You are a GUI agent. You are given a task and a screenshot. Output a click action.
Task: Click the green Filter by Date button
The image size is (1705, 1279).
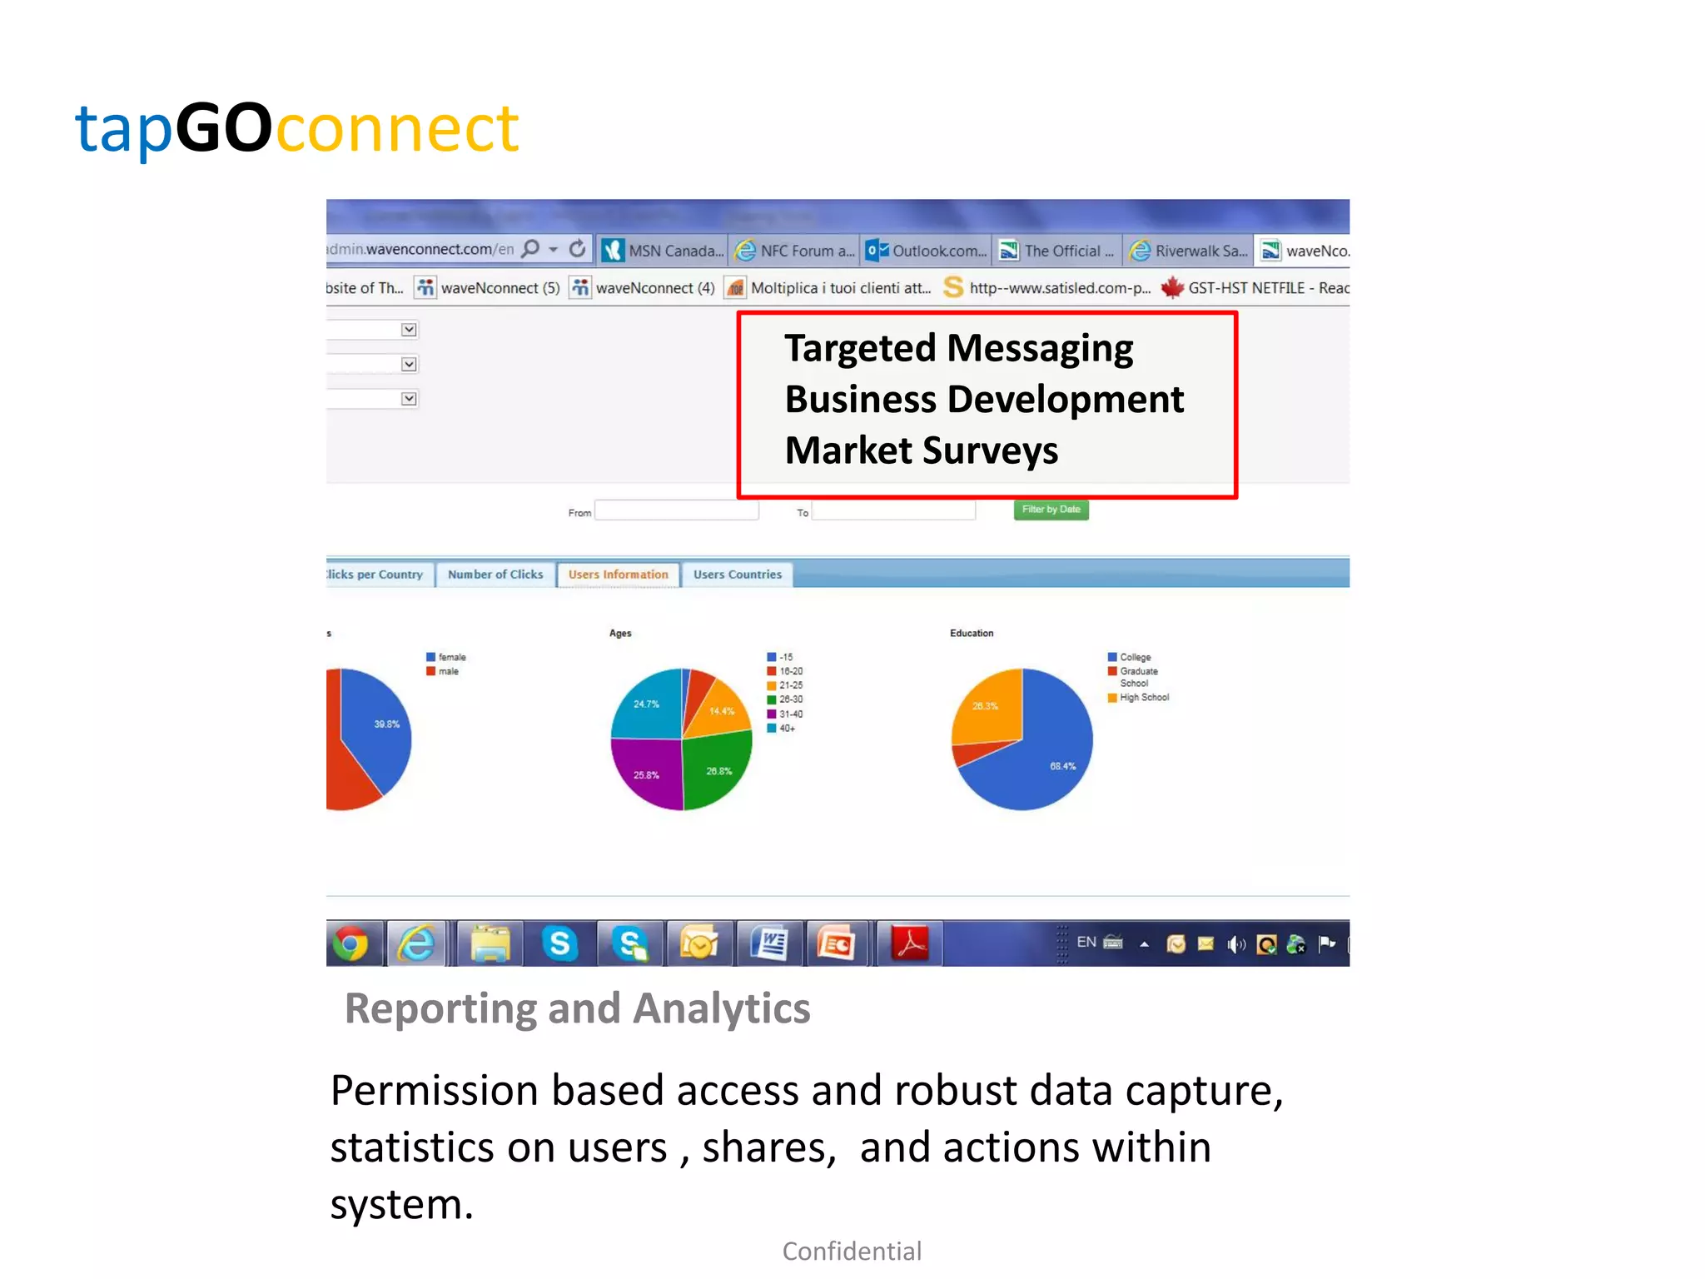pyautogui.click(x=1051, y=510)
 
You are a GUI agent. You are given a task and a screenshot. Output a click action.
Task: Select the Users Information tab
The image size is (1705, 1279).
pyautogui.click(x=618, y=575)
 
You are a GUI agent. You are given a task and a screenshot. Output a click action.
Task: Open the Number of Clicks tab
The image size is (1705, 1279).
pyautogui.click(x=495, y=575)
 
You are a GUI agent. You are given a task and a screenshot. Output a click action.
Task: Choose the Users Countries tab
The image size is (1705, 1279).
pyautogui.click(x=738, y=575)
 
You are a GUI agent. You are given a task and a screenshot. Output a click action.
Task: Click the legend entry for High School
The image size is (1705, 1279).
pyautogui.click(x=1144, y=698)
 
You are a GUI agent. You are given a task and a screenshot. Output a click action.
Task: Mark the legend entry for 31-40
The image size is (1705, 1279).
pyautogui.click(x=790, y=714)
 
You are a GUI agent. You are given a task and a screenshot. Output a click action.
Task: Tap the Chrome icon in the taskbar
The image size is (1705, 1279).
pyautogui.click(x=350, y=943)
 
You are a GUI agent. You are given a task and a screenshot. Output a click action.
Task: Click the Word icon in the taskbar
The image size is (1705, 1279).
pyautogui.click(x=769, y=943)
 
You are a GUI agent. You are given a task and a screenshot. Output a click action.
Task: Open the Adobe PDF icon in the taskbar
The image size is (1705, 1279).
pyautogui.click(x=910, y=943)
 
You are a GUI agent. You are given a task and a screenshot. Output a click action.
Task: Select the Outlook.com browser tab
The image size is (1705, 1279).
pyautogui.click(x=927, y=251)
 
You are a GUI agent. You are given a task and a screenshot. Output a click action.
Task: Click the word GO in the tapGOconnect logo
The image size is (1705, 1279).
pyautogui.click(x=223, y=129)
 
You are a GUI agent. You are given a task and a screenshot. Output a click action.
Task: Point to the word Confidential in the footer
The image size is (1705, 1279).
pyautogui.click(x=852, y=1252)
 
